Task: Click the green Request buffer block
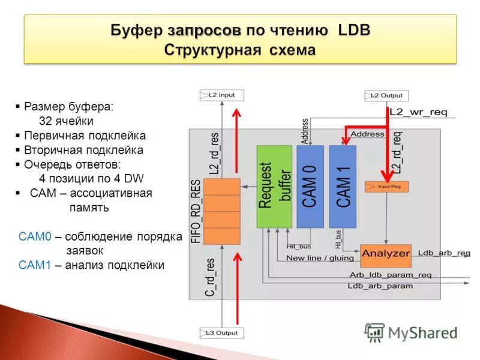coord(274,186)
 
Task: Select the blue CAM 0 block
coord(310,186)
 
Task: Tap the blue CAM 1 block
coord(343,186)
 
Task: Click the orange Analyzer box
coord(386,253)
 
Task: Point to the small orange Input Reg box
coord(386,187)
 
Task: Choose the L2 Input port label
coord(221,95)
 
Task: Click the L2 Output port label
coord(387,95)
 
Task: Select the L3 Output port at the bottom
coord(221,332)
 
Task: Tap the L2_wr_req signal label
coord(418,112)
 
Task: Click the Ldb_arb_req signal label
coord(444,253)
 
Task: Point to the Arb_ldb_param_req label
coord(391,275)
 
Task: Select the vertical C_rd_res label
coord(211,277)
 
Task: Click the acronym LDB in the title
coord(354,30)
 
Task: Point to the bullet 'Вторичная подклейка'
coord(83,150)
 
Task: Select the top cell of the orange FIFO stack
coord(221,186)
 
